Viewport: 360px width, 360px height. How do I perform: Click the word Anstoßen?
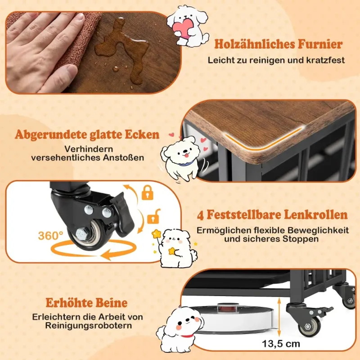(x=123, y=158)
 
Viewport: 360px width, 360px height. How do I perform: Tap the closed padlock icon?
(x=148, y=193)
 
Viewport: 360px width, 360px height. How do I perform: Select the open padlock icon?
(x=153, y=216)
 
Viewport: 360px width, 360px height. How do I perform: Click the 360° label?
(x=50, y=236)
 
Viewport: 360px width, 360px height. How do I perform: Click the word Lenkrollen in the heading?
(x=316, y=215)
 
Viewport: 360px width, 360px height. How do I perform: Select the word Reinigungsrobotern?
(x=89, y=325)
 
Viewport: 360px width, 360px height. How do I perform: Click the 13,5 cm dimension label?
(x=281, y=344)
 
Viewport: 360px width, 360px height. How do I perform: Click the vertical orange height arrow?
(x=279, y=317)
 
